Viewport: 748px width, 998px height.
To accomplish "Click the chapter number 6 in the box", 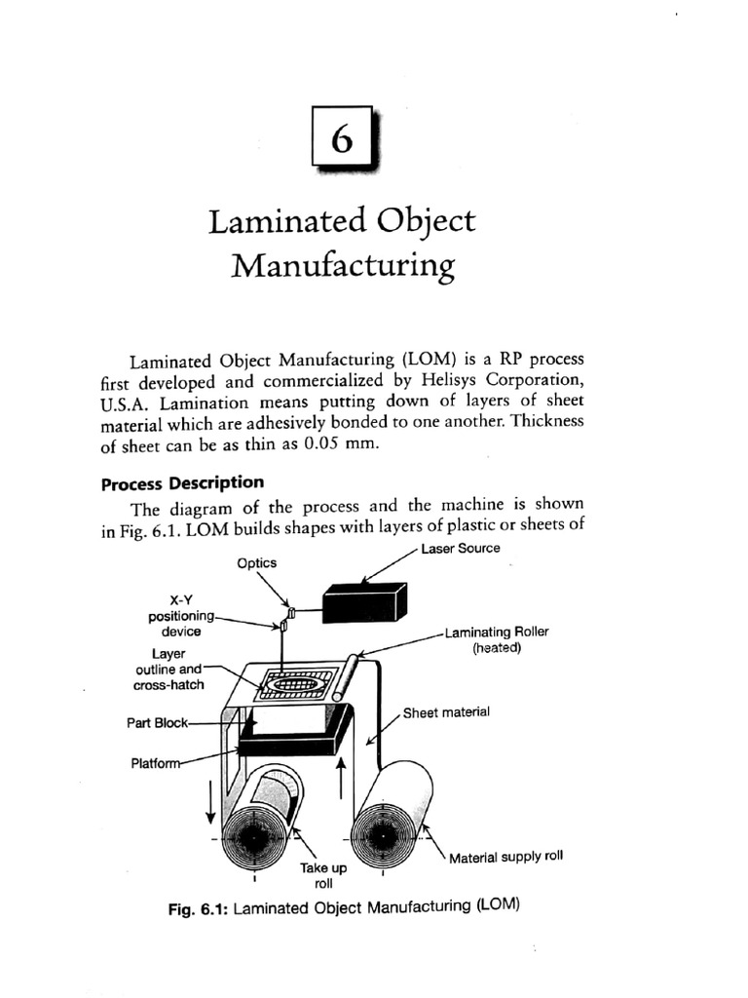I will (x=342, y=140).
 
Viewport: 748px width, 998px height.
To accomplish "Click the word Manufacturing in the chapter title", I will (x=342, y=265).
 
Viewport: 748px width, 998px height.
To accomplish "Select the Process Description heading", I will (x=183, y=482).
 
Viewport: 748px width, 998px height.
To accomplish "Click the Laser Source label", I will (x=461, y=549).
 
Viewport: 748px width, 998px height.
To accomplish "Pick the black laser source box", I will (x=364, y=603).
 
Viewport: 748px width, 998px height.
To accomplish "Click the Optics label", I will (x=257, y=562).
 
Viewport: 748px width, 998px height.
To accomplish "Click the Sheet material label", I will (x=446, y=712).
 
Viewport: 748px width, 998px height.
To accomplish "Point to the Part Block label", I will (x=156, y=723).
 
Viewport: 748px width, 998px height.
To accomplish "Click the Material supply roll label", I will (x=505, y=858).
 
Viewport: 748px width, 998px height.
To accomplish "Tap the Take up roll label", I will (x=318, y=874).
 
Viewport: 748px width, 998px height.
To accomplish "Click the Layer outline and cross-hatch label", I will (x=168, y=670).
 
